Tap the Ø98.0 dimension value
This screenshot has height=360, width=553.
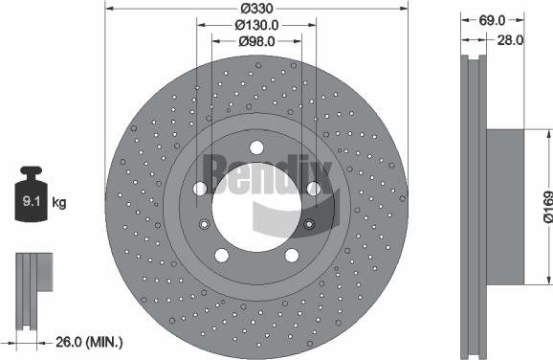tap(255, 41)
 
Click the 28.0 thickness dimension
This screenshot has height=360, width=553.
tap(510, 40)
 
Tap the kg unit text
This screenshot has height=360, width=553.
tap(60, 202)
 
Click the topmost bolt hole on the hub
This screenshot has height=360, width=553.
tap(256, 147)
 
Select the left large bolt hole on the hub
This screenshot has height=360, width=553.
tap(200, 189)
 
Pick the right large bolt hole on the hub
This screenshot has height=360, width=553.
tap(312, 189)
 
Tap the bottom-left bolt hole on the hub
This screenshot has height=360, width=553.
tap(221, 255)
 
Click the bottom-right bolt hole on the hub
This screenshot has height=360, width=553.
tap(291, 255)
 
